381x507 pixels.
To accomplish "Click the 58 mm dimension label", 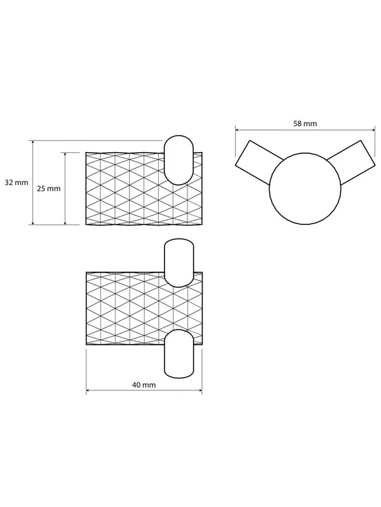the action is click(x=305, y=123).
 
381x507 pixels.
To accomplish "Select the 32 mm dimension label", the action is click(x=17, y=183).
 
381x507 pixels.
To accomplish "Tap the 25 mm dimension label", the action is click(x=49, y=188).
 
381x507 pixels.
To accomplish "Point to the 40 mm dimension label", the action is click(x=144, y=385).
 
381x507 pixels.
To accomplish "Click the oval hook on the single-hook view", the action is click(x=178, y=160).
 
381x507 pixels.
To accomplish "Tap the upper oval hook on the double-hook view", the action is click(x=179, y=263).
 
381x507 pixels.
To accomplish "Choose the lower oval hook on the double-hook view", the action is click(x=179, y=354).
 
